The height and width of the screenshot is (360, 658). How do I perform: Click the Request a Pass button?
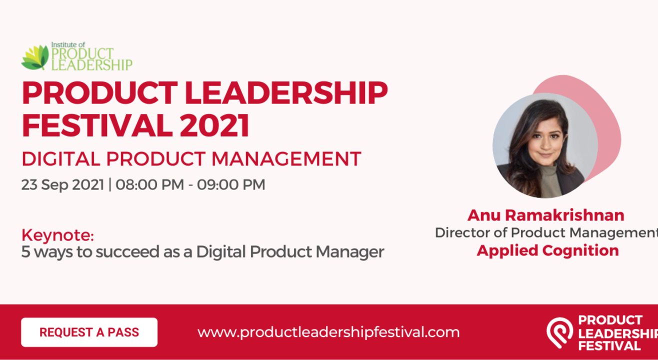[89, 332]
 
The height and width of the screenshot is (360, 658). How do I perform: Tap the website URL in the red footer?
[328, 332]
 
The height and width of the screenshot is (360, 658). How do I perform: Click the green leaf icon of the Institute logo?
[35, 57]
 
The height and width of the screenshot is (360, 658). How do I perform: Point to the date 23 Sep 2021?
[62, 184]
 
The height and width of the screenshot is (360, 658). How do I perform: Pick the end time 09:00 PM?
[231, 184]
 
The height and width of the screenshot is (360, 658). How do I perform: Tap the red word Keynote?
[57, 234]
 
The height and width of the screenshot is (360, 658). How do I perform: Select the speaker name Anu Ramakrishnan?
[545, 215]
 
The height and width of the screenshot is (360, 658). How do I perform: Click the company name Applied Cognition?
[547, 250]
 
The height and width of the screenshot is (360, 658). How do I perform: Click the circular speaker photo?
[545, 145]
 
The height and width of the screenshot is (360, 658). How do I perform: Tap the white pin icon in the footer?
[559, 332]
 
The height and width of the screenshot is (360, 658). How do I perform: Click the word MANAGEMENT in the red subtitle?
[286, 159]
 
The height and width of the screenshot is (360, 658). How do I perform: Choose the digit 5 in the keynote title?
[25, 252]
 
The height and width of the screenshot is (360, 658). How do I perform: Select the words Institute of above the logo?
[68, 44]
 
